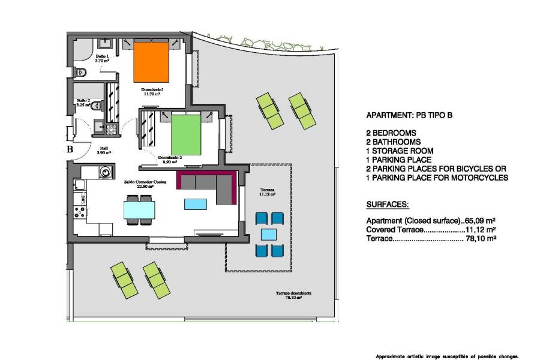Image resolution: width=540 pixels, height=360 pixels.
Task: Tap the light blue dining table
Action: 139,209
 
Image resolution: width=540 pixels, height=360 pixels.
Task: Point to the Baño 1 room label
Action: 102,58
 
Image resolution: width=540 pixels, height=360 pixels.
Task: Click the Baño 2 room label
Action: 83,103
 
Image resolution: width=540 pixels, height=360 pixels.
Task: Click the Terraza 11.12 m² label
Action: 267,192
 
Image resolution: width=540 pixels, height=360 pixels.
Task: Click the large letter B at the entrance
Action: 70,150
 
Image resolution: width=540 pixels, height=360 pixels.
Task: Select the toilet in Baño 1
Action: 81,73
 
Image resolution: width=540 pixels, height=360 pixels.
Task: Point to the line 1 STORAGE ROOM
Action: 400,151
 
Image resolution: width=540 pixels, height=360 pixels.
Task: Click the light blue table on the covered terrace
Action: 269,234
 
